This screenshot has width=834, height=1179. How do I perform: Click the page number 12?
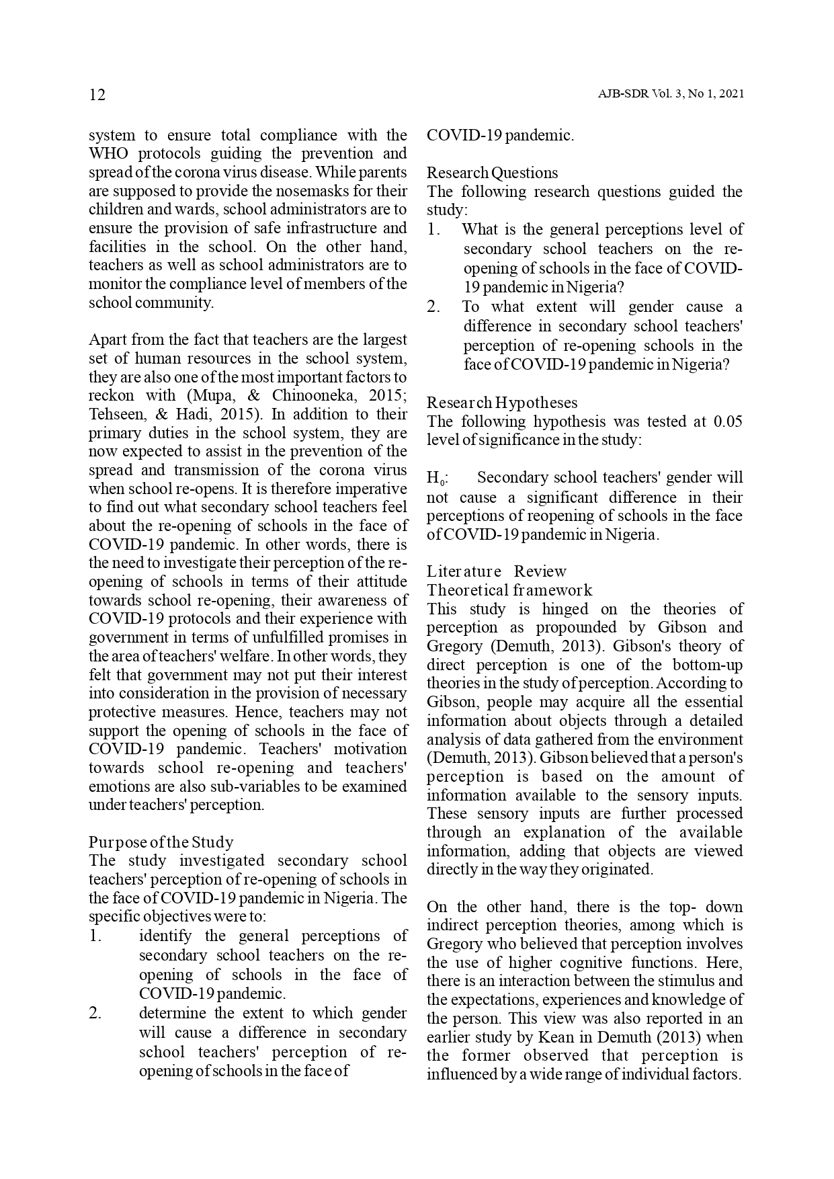97,95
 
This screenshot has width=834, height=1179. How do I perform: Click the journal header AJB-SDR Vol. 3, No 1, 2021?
670,95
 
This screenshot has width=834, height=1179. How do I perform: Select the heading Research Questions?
492,173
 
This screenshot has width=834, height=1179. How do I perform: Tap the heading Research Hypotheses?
502,403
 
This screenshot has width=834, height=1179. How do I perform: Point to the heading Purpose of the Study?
161,842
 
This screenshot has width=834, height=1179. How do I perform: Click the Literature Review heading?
497,571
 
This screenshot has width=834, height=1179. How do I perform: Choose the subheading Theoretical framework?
509,590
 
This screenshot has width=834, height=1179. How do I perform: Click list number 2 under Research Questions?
433,307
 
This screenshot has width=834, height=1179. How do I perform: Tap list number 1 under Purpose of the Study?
95,936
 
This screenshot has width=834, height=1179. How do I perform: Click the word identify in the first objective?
165,936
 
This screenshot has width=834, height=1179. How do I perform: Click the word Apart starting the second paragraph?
107,339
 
